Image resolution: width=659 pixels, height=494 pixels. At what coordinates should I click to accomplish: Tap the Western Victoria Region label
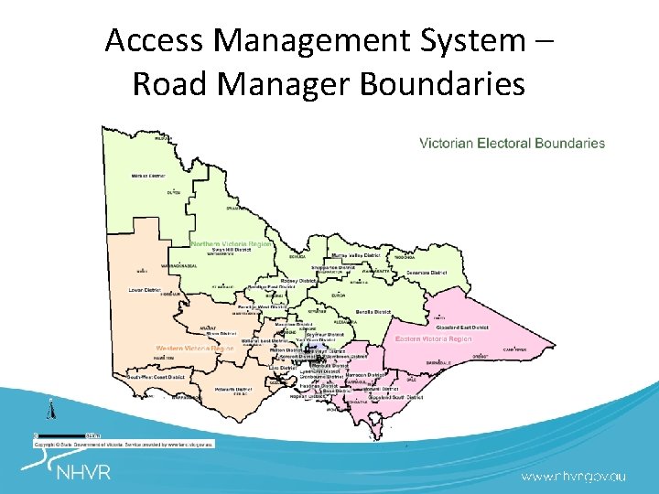(x=195, y=348)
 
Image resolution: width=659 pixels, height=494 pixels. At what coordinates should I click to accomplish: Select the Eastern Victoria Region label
(x=434, y=338)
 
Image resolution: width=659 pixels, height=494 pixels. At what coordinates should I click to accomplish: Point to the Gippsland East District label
(x=461, y=327)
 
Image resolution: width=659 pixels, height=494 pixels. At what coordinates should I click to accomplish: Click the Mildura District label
(x=147, y=175)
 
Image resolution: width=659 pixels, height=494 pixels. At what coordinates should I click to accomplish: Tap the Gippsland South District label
(x=395, y=398)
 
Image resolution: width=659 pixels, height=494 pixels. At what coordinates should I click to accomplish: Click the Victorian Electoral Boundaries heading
(x=512, y=143)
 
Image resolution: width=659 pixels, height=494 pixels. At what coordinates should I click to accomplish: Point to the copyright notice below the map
(x=124, y=443)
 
